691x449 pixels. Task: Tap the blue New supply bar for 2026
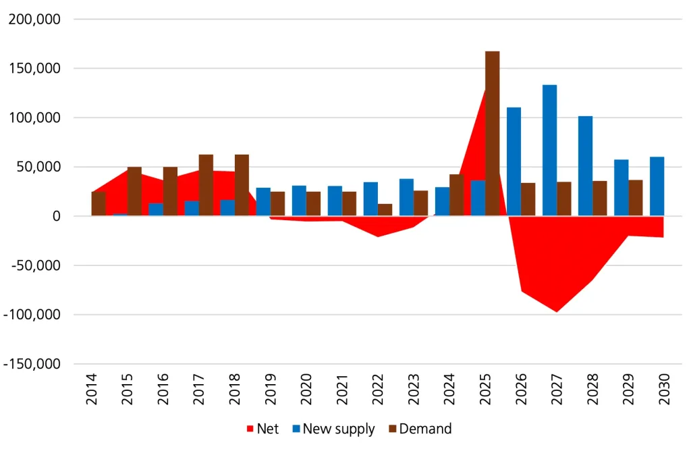tap(514, 161)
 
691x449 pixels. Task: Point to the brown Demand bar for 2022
tap(385, 210)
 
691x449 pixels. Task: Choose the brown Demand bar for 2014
tap(99, 204)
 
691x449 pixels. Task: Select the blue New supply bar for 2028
tap(585, 166)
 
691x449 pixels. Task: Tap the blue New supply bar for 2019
tap(263, 202)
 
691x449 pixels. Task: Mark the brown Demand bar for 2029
tap(636, 198)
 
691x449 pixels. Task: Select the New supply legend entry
tap(332, 429)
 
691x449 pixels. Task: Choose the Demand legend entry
tap(418, 429)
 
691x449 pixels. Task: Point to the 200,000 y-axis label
tap(34, 20)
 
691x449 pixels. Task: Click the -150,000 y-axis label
tap(32, 364)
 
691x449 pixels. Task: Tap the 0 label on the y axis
tap(57, 216)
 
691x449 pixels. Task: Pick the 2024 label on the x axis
tap(449, 390)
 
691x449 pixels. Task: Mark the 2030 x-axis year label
tap(663, 390)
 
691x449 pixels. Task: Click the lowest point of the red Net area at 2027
tap(557, 311)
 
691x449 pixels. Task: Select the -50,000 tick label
tap(35, 265)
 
